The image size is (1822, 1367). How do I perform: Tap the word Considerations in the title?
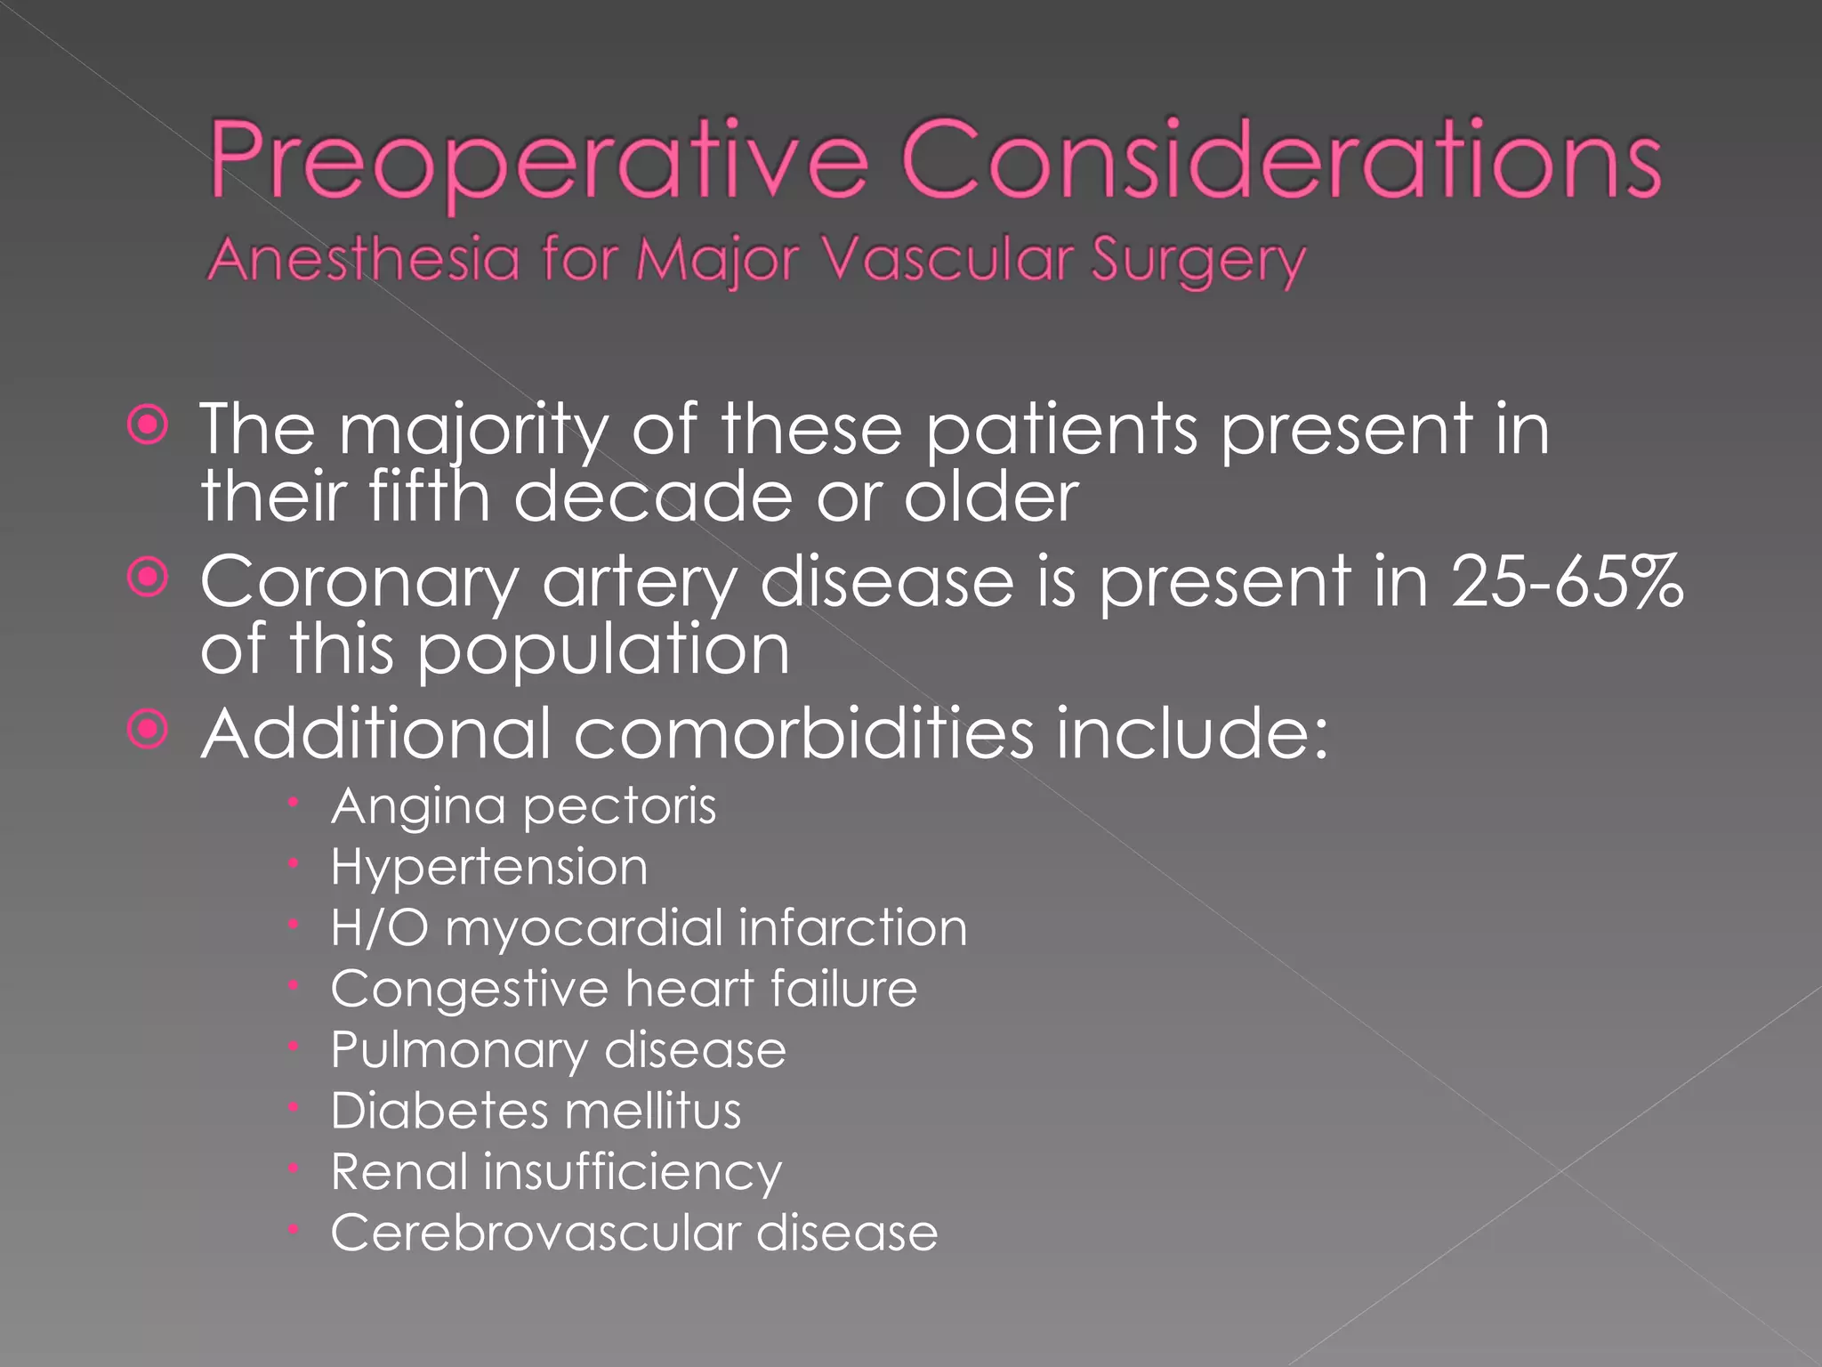pos(1281,160)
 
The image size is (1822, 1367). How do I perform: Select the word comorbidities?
pos(804,734)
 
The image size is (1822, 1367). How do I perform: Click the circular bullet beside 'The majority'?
pos(148,426)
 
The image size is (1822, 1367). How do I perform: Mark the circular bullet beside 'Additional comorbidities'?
pos(148,731)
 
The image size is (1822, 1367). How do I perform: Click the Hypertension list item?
pos(489,868)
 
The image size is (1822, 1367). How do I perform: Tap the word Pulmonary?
pos(459,1051)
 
